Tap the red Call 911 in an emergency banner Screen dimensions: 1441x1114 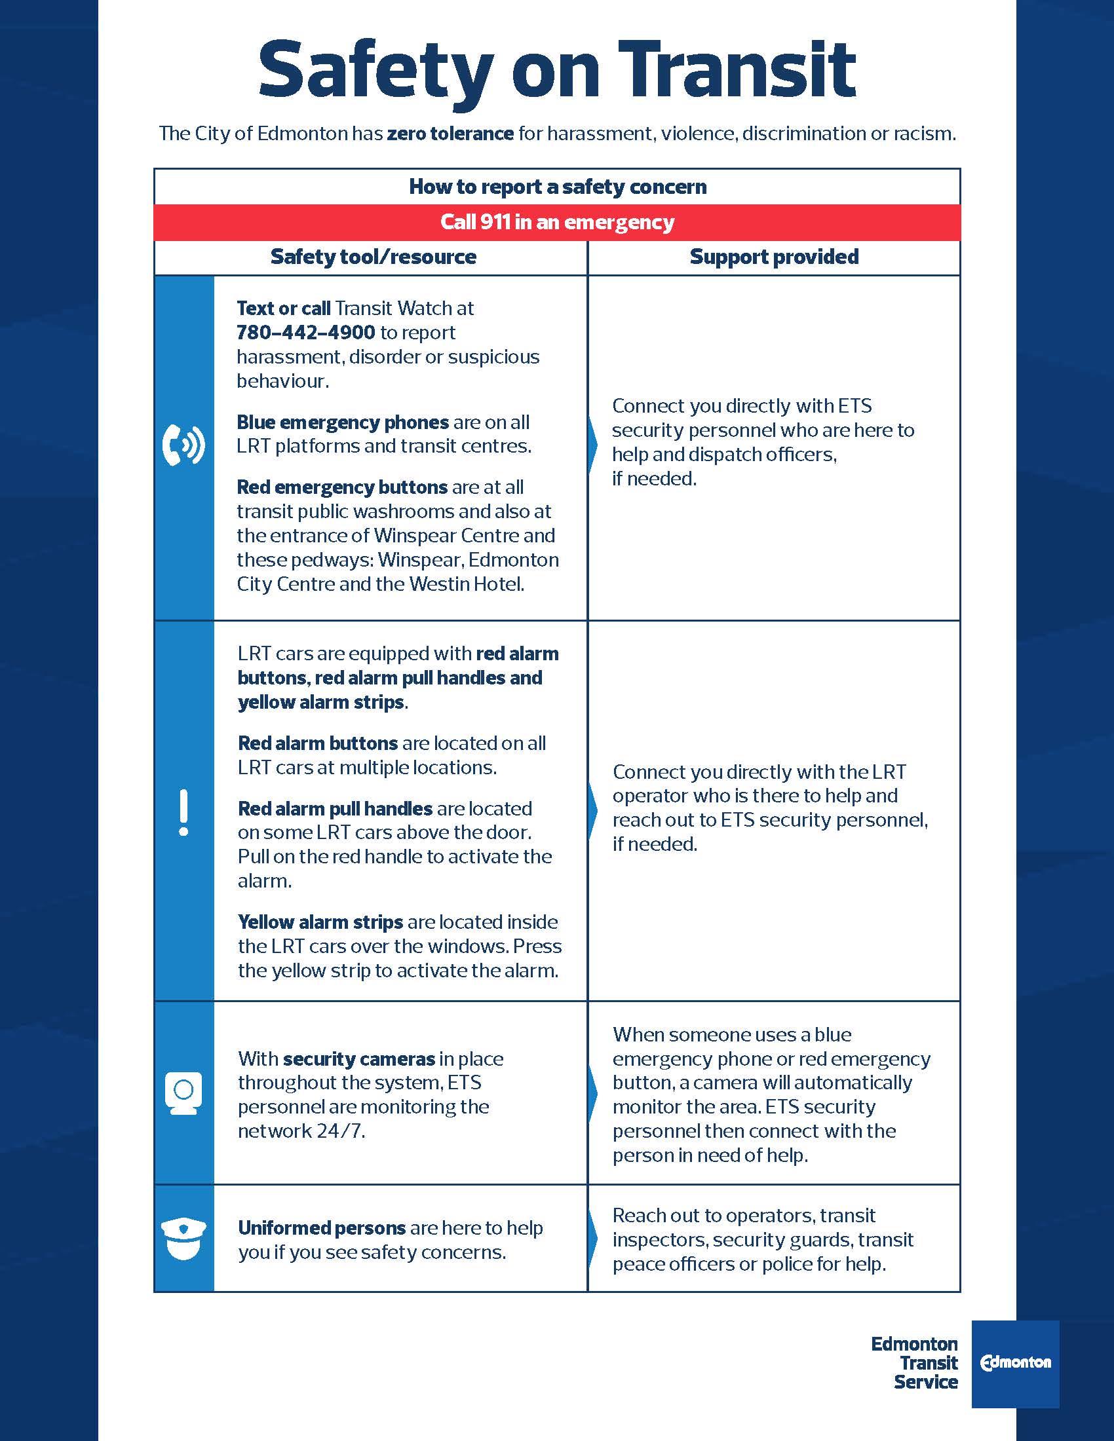click(x=557, y=222)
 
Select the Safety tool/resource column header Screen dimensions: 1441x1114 click(x=373, y=257)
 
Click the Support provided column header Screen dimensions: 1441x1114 click(x=773, y=257)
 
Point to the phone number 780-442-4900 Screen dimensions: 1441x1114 click(x=305, y=333)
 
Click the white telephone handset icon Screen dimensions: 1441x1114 click(x=183, y=445)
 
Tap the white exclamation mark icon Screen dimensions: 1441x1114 click(x=183, y=812)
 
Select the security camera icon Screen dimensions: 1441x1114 click(x=183, y=1093)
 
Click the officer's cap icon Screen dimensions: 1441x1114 click(x=183, y=1239)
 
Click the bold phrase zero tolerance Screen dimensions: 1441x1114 click(x=450, y=134)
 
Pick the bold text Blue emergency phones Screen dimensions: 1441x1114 click(x=343, y=422)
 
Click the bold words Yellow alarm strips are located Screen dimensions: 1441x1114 click(x=320, y=922)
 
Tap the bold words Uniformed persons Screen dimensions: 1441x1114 click(x=321, y=1228)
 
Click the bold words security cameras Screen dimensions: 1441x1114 click(x=359, y=1059)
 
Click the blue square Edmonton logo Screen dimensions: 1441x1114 click(x=1015, y=1364)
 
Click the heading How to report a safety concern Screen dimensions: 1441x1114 click(x=557, y=187)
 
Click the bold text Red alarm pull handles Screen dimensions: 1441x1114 click(x=335, y=808)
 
